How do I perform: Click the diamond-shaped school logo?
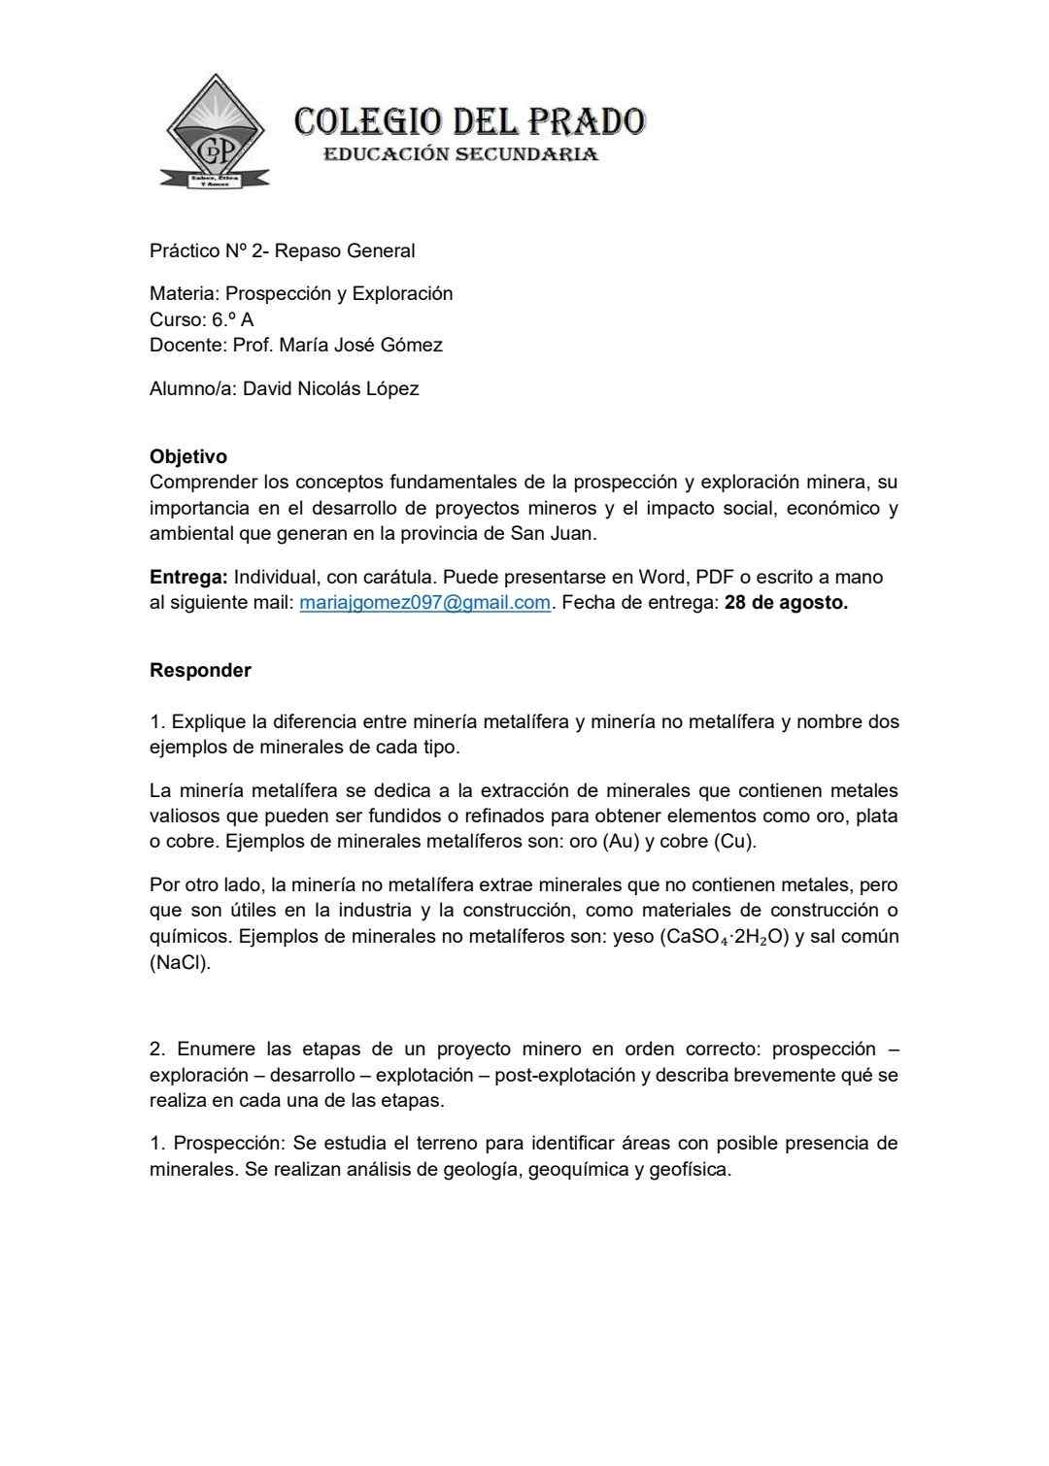click(x=215, y=133)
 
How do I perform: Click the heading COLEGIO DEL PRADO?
click(x=470, y=122)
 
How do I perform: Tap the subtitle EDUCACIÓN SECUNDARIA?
click(x=460, y=154)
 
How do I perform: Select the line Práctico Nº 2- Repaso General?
click(x=282, y=251)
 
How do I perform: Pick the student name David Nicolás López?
click(x=330, y=389)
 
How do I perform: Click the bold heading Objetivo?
click(x=188, y=456)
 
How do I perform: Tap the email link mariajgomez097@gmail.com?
click(x=424, y=603)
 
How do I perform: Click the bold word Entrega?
click(x=188, y=578)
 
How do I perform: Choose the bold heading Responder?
click(x=200, y=671)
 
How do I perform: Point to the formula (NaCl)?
click(x=180, y=964)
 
